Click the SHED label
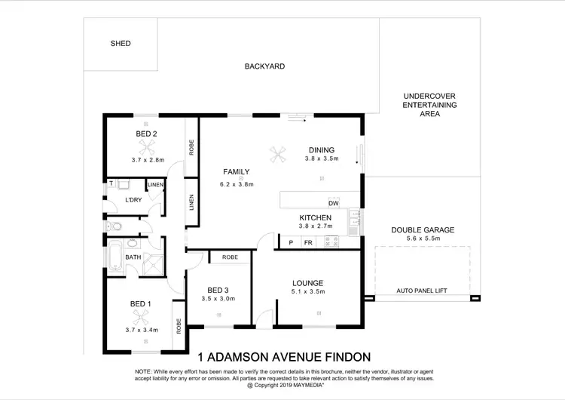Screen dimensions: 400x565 coord(120,44)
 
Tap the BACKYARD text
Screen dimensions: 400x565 coord(264,66)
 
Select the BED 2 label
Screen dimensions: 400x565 coord(146,134)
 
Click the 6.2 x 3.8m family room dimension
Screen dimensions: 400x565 coord(237,184)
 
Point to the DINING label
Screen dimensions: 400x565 coord(321,149)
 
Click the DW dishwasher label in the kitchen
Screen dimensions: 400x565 coord(333,203)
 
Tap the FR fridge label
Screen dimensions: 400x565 coord(307,242)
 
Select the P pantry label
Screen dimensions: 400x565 coord(291,242)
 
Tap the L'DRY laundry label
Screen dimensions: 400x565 coord(133,200)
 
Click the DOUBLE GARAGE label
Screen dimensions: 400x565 coord(422,230)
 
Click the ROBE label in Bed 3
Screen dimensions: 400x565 coord(230,257)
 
